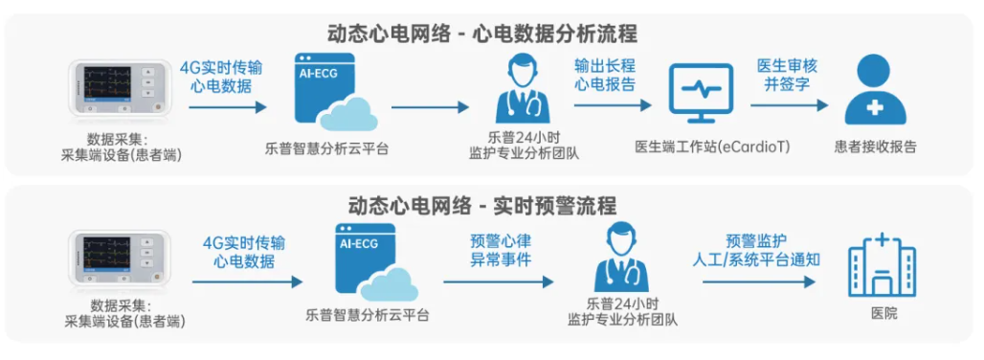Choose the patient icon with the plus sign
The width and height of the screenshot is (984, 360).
click(876, 92)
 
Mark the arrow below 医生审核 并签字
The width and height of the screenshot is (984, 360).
click(786, 107)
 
